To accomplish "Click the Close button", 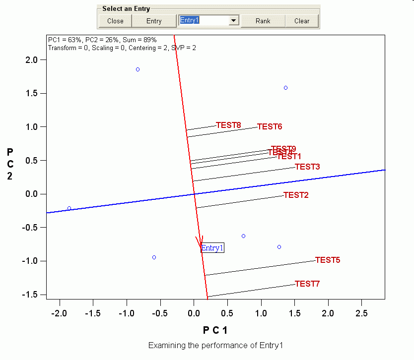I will tap(115, 21).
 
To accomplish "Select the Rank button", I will tap(263, 21).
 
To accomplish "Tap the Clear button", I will tap(301, 21).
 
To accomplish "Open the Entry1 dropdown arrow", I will tap(233, 21).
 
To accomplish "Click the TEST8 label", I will tap(228, 125).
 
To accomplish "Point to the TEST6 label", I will tap(270, 126).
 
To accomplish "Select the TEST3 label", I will tap(308, 167).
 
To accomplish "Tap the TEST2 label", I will tap(296, 195).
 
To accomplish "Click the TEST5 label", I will tap(328, 260).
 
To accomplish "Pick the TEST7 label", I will tap(307, 284).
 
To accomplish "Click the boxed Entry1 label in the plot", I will tap(212, 248).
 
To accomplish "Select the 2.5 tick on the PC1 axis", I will tap(361, 313).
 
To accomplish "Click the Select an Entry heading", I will tap(126, 9).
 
